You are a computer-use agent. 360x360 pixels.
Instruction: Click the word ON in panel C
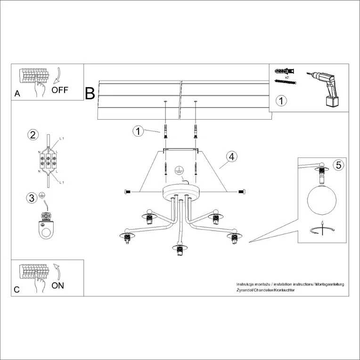57,285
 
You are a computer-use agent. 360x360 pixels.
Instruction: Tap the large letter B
90,93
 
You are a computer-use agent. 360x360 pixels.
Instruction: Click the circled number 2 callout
32,135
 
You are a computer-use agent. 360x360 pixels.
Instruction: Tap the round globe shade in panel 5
321,200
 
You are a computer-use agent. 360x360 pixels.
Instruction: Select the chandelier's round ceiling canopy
181,191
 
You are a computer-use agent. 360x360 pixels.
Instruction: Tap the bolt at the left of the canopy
127,191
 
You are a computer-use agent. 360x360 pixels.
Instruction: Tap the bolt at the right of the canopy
241,191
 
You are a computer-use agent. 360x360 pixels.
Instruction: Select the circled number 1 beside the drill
280,101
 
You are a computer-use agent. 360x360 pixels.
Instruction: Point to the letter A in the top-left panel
17,94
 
